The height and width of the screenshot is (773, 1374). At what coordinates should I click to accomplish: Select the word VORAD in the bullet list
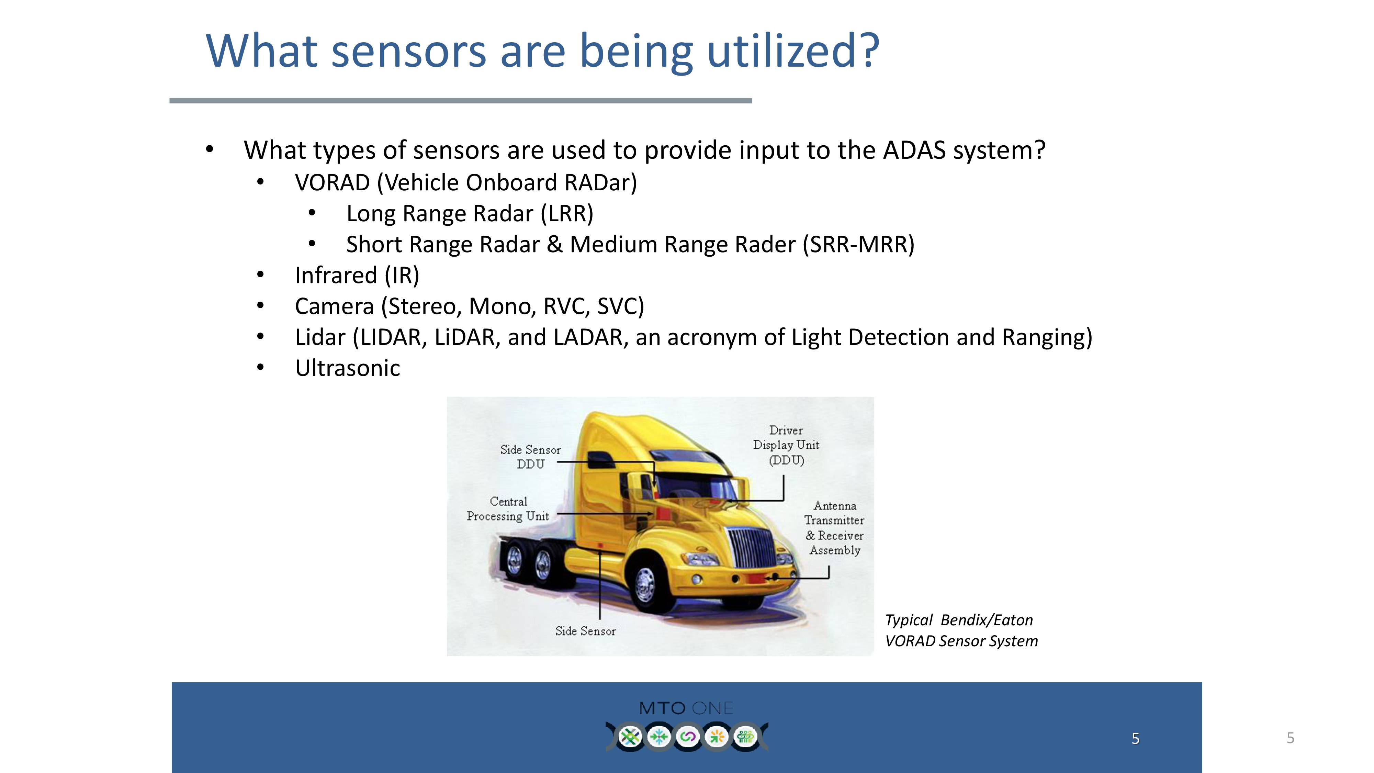coord(332,182)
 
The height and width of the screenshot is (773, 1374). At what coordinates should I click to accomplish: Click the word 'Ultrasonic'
coord(348,368)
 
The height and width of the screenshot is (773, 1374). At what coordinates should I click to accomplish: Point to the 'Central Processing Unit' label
coord(508,509)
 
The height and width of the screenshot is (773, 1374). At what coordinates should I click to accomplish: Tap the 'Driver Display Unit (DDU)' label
coord(786,445)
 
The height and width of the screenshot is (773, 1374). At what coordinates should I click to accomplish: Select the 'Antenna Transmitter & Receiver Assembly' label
coord(834,528)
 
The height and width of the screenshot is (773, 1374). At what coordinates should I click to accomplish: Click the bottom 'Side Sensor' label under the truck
coord(585,631)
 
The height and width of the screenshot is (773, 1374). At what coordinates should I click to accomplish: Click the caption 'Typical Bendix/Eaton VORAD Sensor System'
coord(961,630)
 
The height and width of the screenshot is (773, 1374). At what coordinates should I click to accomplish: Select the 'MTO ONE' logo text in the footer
coord(686,708)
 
